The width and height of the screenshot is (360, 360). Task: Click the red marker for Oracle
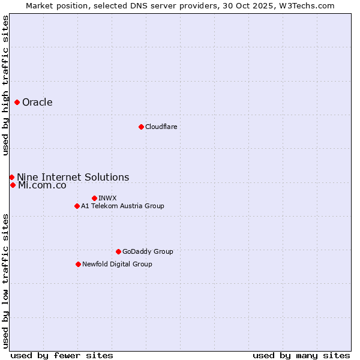coord(17,102)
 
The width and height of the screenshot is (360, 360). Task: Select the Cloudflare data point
coord(141,127)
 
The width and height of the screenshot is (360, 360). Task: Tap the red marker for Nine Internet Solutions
coord(11,177)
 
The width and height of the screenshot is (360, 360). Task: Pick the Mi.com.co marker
coord(13,185)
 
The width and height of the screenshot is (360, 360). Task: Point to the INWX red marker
coord(94,198)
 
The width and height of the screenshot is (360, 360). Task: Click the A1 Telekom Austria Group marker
coord(77,206)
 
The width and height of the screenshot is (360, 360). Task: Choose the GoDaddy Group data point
coord(118,251)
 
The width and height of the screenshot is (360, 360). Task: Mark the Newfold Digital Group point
coord(78,264)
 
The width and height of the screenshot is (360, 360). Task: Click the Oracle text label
coord(37,102)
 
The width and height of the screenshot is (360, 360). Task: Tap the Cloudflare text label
coord(161,127)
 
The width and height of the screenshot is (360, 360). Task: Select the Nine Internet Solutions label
coord(73,177)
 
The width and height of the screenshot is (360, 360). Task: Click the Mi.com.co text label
coord(42,185)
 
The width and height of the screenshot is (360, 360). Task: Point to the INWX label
coord(107,198)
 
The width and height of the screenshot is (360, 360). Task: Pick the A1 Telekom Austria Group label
coord(122,206)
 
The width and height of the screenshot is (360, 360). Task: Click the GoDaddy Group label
coord(148,251)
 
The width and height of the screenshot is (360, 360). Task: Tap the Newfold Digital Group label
coord(117,264)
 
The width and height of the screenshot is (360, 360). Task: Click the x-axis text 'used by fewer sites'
coord(62,355)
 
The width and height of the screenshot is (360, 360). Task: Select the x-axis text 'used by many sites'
coord(301,355)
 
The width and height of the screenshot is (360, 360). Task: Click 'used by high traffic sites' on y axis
coord(5,85)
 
